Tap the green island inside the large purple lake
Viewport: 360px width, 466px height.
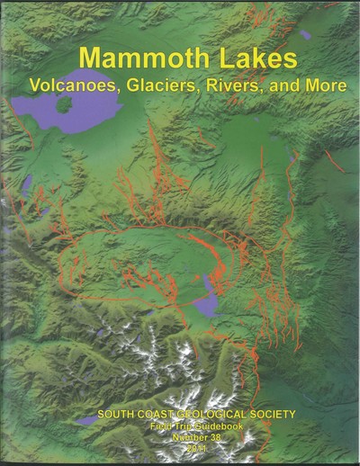[x=64, y=103]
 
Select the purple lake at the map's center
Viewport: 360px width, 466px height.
[x=209, y=300]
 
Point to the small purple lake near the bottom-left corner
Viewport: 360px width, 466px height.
[x=87, y=420]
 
